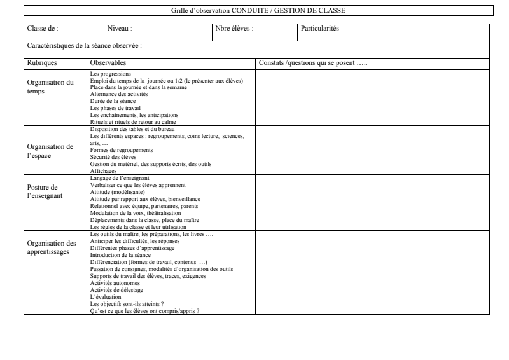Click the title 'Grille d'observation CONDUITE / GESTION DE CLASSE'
(x=258, y=11)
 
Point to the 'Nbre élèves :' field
(x=235, y=29)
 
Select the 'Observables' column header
(x=108, y=63)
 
